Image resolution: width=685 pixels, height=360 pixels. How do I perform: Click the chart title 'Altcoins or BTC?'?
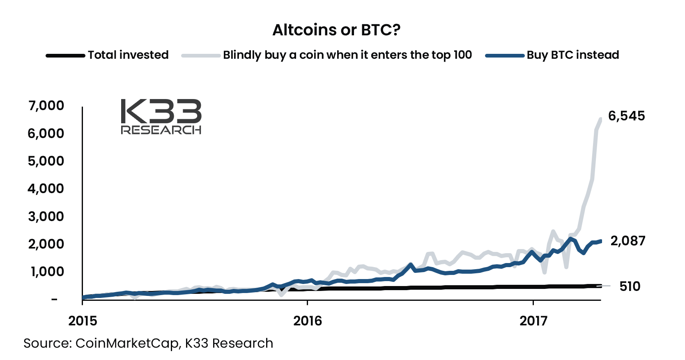[x=336, y=30]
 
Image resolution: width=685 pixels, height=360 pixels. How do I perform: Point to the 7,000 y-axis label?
[x=46, y=106]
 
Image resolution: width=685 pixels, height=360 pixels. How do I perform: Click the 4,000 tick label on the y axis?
[x=46, y=189]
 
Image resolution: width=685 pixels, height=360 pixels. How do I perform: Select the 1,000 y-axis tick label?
[x=47, y=272]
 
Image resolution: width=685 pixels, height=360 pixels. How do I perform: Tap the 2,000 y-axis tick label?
[x=46, y=244]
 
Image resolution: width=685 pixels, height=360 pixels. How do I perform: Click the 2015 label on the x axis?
[x=83, y=321]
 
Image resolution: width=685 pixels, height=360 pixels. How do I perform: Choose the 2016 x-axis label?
[x=308, y=321]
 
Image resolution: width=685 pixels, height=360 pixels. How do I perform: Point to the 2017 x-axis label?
[x=533, y=321]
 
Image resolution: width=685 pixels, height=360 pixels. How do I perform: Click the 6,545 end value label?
[x=626, y=116]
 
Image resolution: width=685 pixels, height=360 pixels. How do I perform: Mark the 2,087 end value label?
[x=628, y=241]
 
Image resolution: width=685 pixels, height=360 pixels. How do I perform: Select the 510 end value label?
[x=630, y=286]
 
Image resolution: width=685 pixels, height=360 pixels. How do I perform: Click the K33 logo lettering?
[x=161, y=111]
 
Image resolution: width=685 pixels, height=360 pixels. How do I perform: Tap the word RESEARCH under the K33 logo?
[x=161, y=130]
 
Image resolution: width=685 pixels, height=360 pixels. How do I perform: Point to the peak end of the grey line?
[x=600, y=119]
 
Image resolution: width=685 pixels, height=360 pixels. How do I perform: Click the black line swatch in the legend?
[x=65, y=55]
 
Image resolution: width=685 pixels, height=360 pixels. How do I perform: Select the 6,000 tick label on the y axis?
[x=46, y=134]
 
